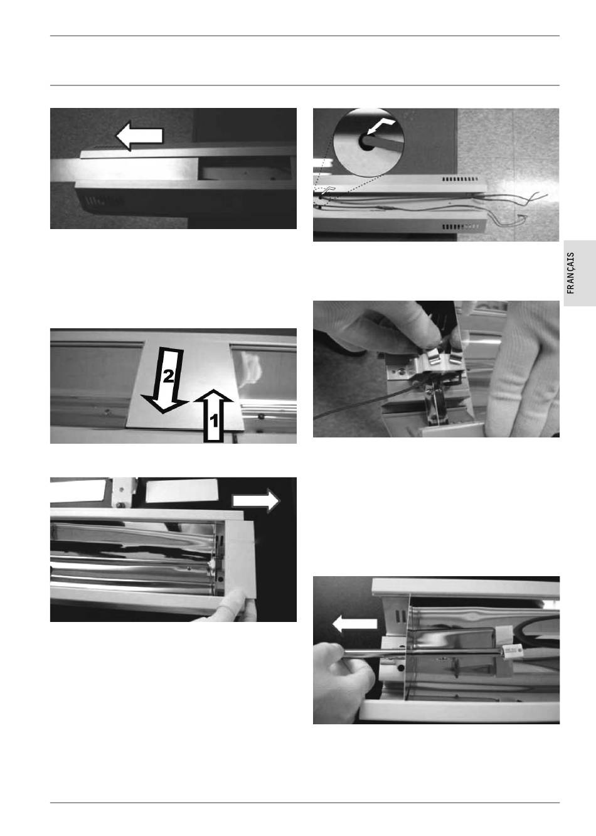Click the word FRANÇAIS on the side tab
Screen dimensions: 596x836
tap(570, 273)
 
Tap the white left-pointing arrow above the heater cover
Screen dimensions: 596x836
tap(140, 136)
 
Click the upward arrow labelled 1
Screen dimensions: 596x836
tap(213, 415)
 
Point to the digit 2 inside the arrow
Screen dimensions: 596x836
tap(168, 376)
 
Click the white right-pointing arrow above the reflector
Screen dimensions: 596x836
tap(256, 501)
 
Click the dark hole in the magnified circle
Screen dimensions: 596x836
tap(366, 142)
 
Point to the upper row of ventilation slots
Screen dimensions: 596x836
tap(460, 180)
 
